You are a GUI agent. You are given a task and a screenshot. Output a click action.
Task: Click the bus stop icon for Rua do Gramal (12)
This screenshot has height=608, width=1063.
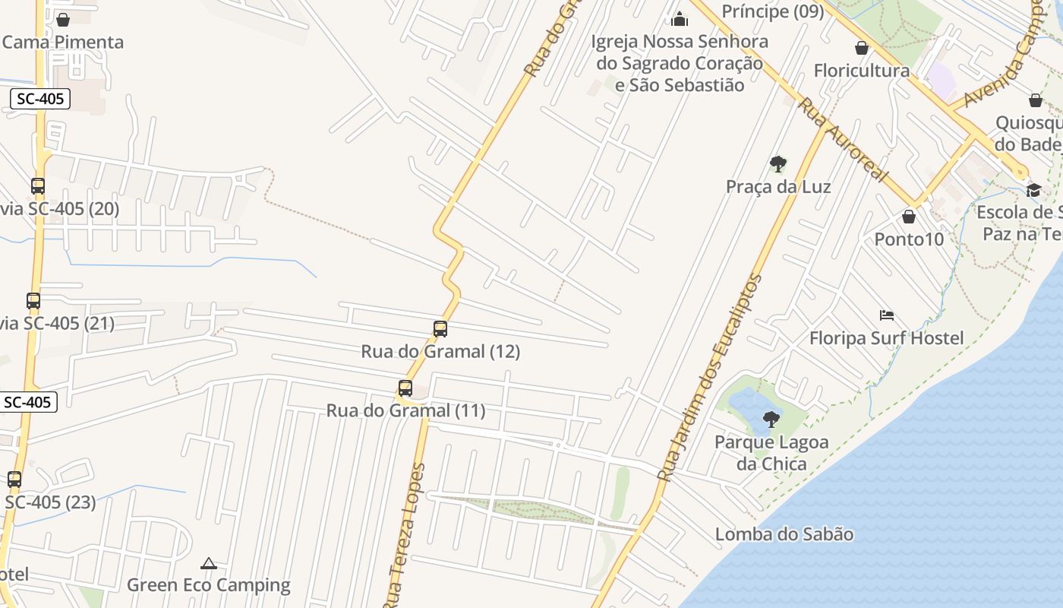[x=440, y=329]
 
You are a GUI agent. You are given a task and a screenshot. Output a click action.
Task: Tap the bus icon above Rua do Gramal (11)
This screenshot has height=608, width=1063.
[x=405, y=388]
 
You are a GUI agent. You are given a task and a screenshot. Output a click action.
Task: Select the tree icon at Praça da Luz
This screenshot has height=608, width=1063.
[x=778, y=163]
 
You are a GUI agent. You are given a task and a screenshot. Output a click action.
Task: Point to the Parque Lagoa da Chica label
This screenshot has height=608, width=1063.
[x=771, y=452]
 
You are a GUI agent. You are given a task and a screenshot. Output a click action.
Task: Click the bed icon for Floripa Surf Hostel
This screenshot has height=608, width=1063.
[x=886, y=315]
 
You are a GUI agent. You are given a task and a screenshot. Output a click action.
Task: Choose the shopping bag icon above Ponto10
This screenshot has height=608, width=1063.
[x=909, y=217]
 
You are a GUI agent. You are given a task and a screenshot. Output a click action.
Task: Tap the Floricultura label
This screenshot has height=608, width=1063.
[x=861, y=71]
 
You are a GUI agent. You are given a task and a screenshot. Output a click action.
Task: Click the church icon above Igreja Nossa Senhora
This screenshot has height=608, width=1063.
[x=680, y=18]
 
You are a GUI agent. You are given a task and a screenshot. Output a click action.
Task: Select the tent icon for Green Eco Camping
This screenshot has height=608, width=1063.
[x=209, y=563]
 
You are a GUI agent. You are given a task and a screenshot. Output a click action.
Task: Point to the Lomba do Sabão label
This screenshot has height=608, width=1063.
[x=784, y=534]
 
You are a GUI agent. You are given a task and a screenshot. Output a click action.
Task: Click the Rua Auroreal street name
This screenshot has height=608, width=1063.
[x=842, y=140]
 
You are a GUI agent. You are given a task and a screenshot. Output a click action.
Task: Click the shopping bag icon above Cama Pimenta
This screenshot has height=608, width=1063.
[x=63, y=19]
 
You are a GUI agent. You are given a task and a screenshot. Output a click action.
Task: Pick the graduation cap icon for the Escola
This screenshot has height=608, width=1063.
[x=1033, y=190]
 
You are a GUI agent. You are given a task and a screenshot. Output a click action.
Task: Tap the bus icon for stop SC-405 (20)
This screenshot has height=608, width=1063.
[x=38, y=185]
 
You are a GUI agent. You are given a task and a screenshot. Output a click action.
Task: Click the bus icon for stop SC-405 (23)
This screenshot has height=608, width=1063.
[x=14, y=480]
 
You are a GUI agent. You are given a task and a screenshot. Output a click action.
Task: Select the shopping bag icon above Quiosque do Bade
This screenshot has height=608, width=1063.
[x=1036, y=100]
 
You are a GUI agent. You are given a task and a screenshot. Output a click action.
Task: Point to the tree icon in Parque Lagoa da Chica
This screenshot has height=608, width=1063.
[x=771, y=419]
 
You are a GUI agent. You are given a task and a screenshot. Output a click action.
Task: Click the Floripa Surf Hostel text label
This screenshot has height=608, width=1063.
[x=886, y=338]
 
